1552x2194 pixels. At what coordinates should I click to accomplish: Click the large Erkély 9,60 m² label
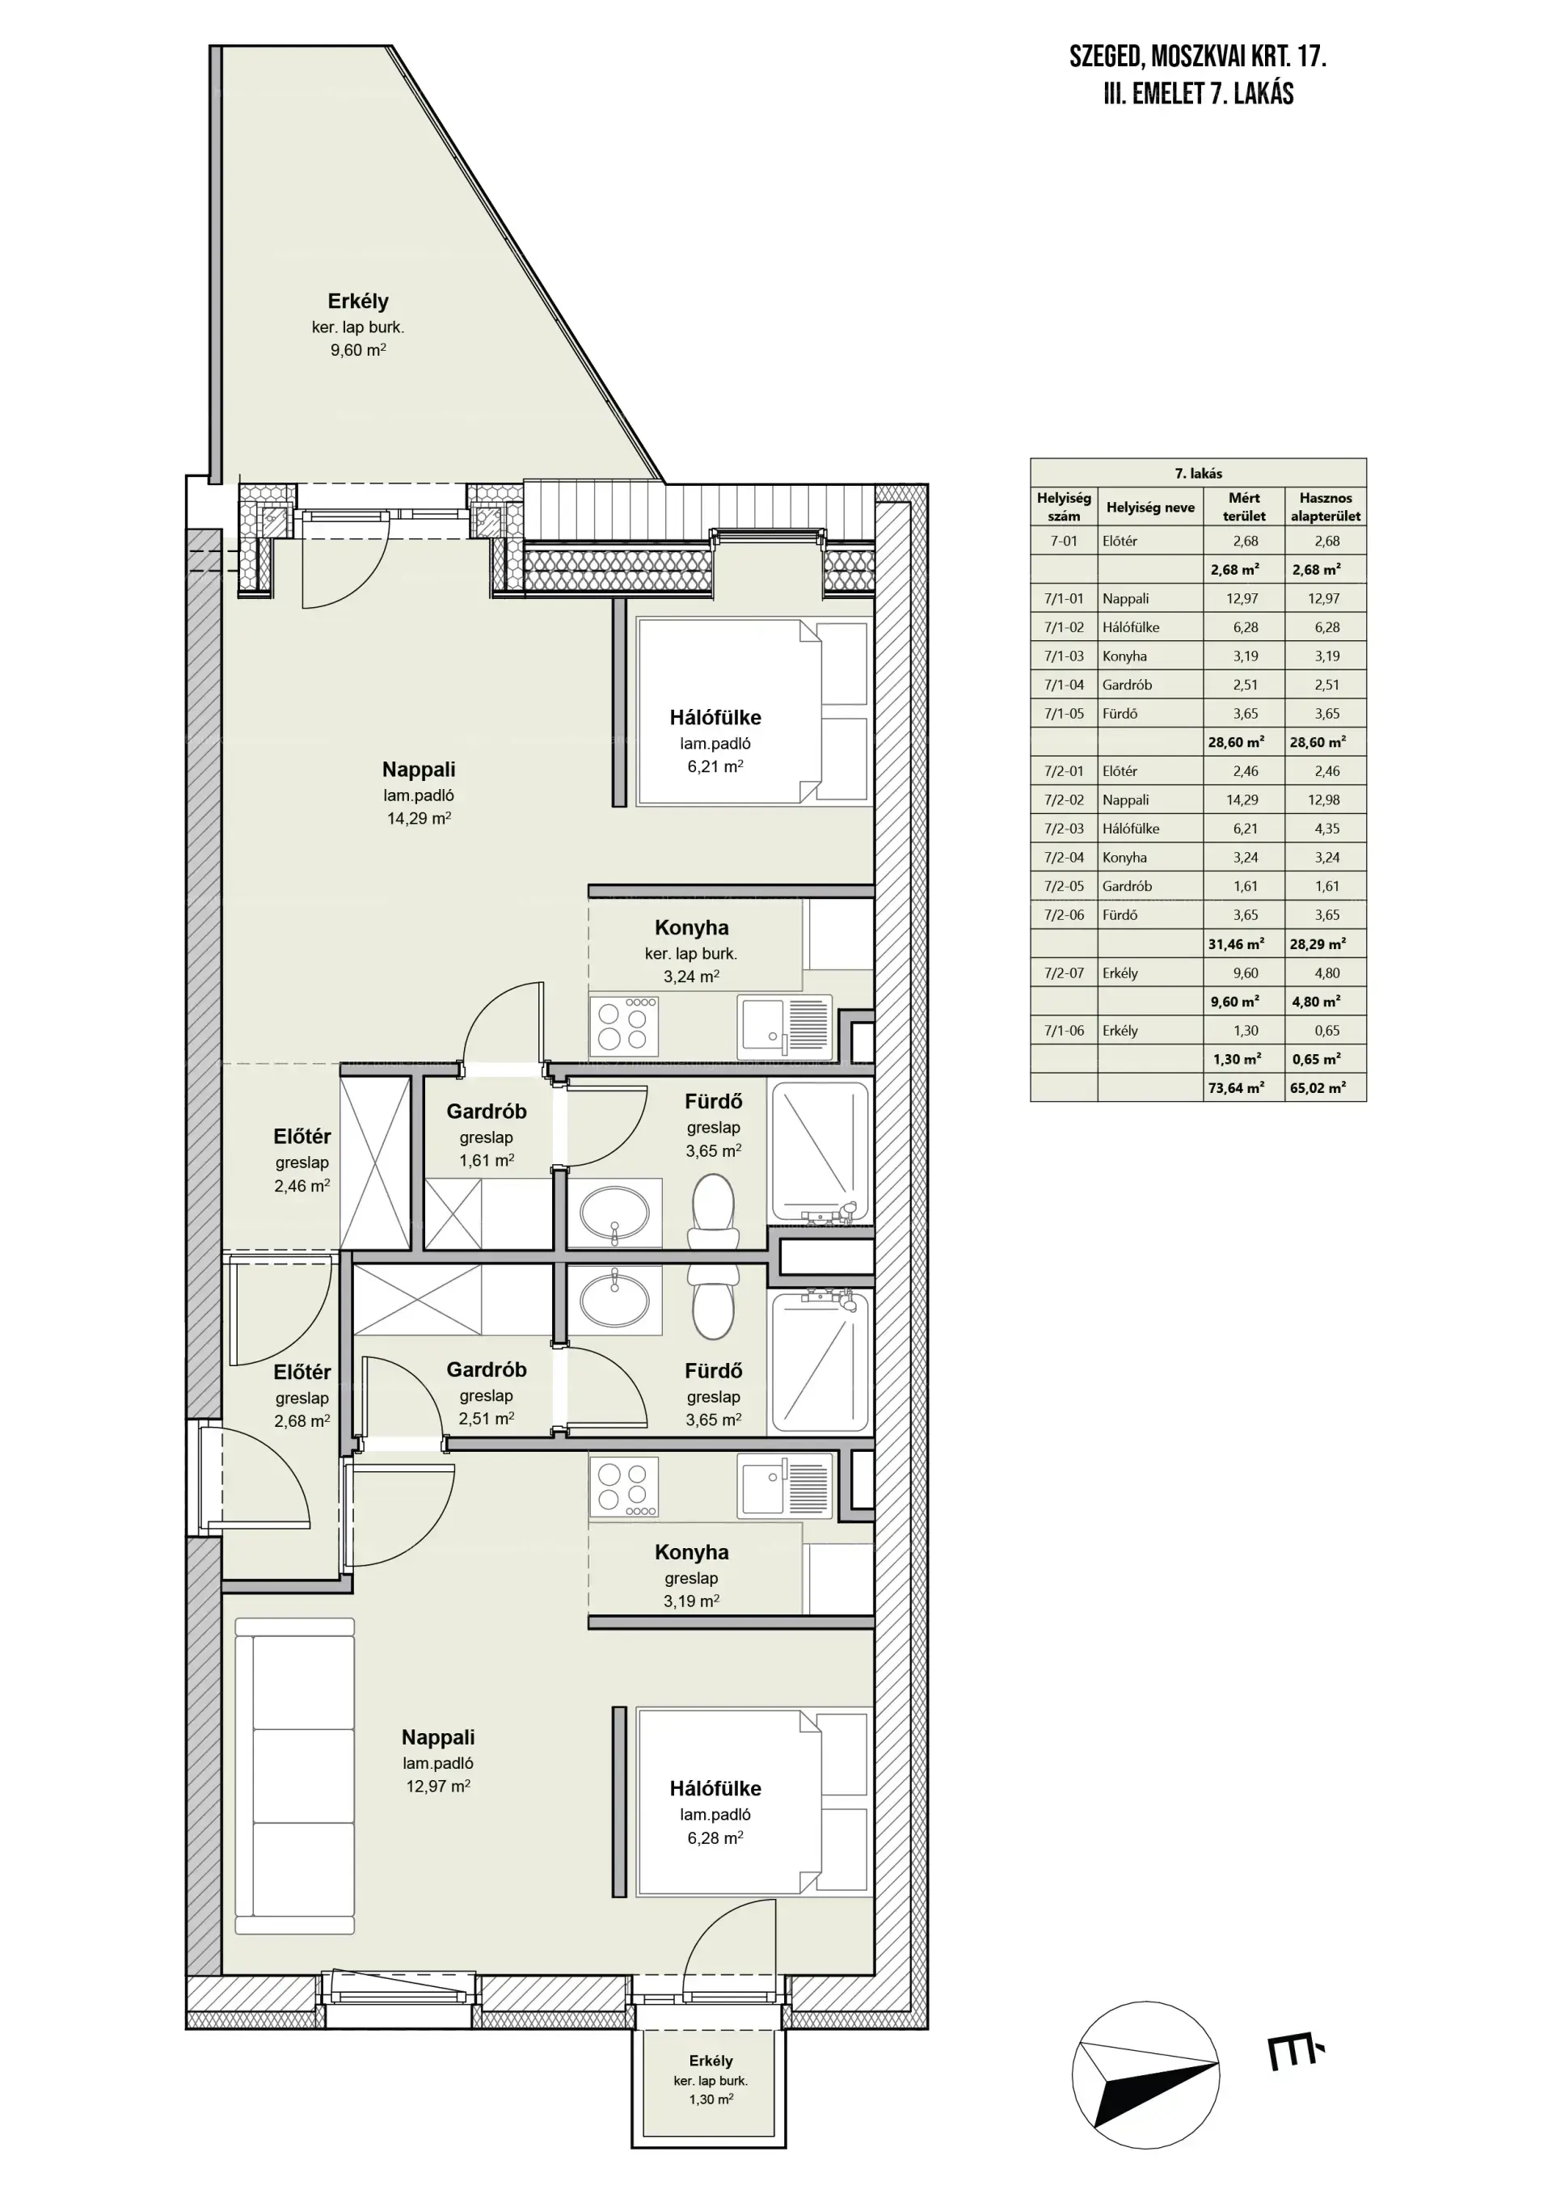pos(358,325)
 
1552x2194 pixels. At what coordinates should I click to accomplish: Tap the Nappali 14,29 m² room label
pos(419,793)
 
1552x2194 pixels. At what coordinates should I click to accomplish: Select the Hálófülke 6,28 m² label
pos(715,1812)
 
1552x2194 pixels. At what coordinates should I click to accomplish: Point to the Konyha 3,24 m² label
pos(691,951)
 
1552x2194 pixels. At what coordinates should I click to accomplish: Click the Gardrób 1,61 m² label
pos(487,1135)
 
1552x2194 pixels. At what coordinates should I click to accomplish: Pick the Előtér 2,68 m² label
pos(302,1396)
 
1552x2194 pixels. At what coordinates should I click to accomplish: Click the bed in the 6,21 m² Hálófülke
pos(753,712)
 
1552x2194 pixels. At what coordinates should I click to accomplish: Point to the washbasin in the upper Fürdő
pos(614,1214)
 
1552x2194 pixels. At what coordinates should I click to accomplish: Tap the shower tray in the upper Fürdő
pos(820,1153)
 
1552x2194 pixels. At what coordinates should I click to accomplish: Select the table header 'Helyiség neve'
pos(1149,508)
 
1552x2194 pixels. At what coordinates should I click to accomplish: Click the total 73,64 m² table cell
pos(1237,1087)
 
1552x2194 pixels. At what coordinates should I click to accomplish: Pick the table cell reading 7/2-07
pos(1064,973)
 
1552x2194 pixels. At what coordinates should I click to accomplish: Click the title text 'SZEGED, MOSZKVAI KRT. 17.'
pos(1197,57)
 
